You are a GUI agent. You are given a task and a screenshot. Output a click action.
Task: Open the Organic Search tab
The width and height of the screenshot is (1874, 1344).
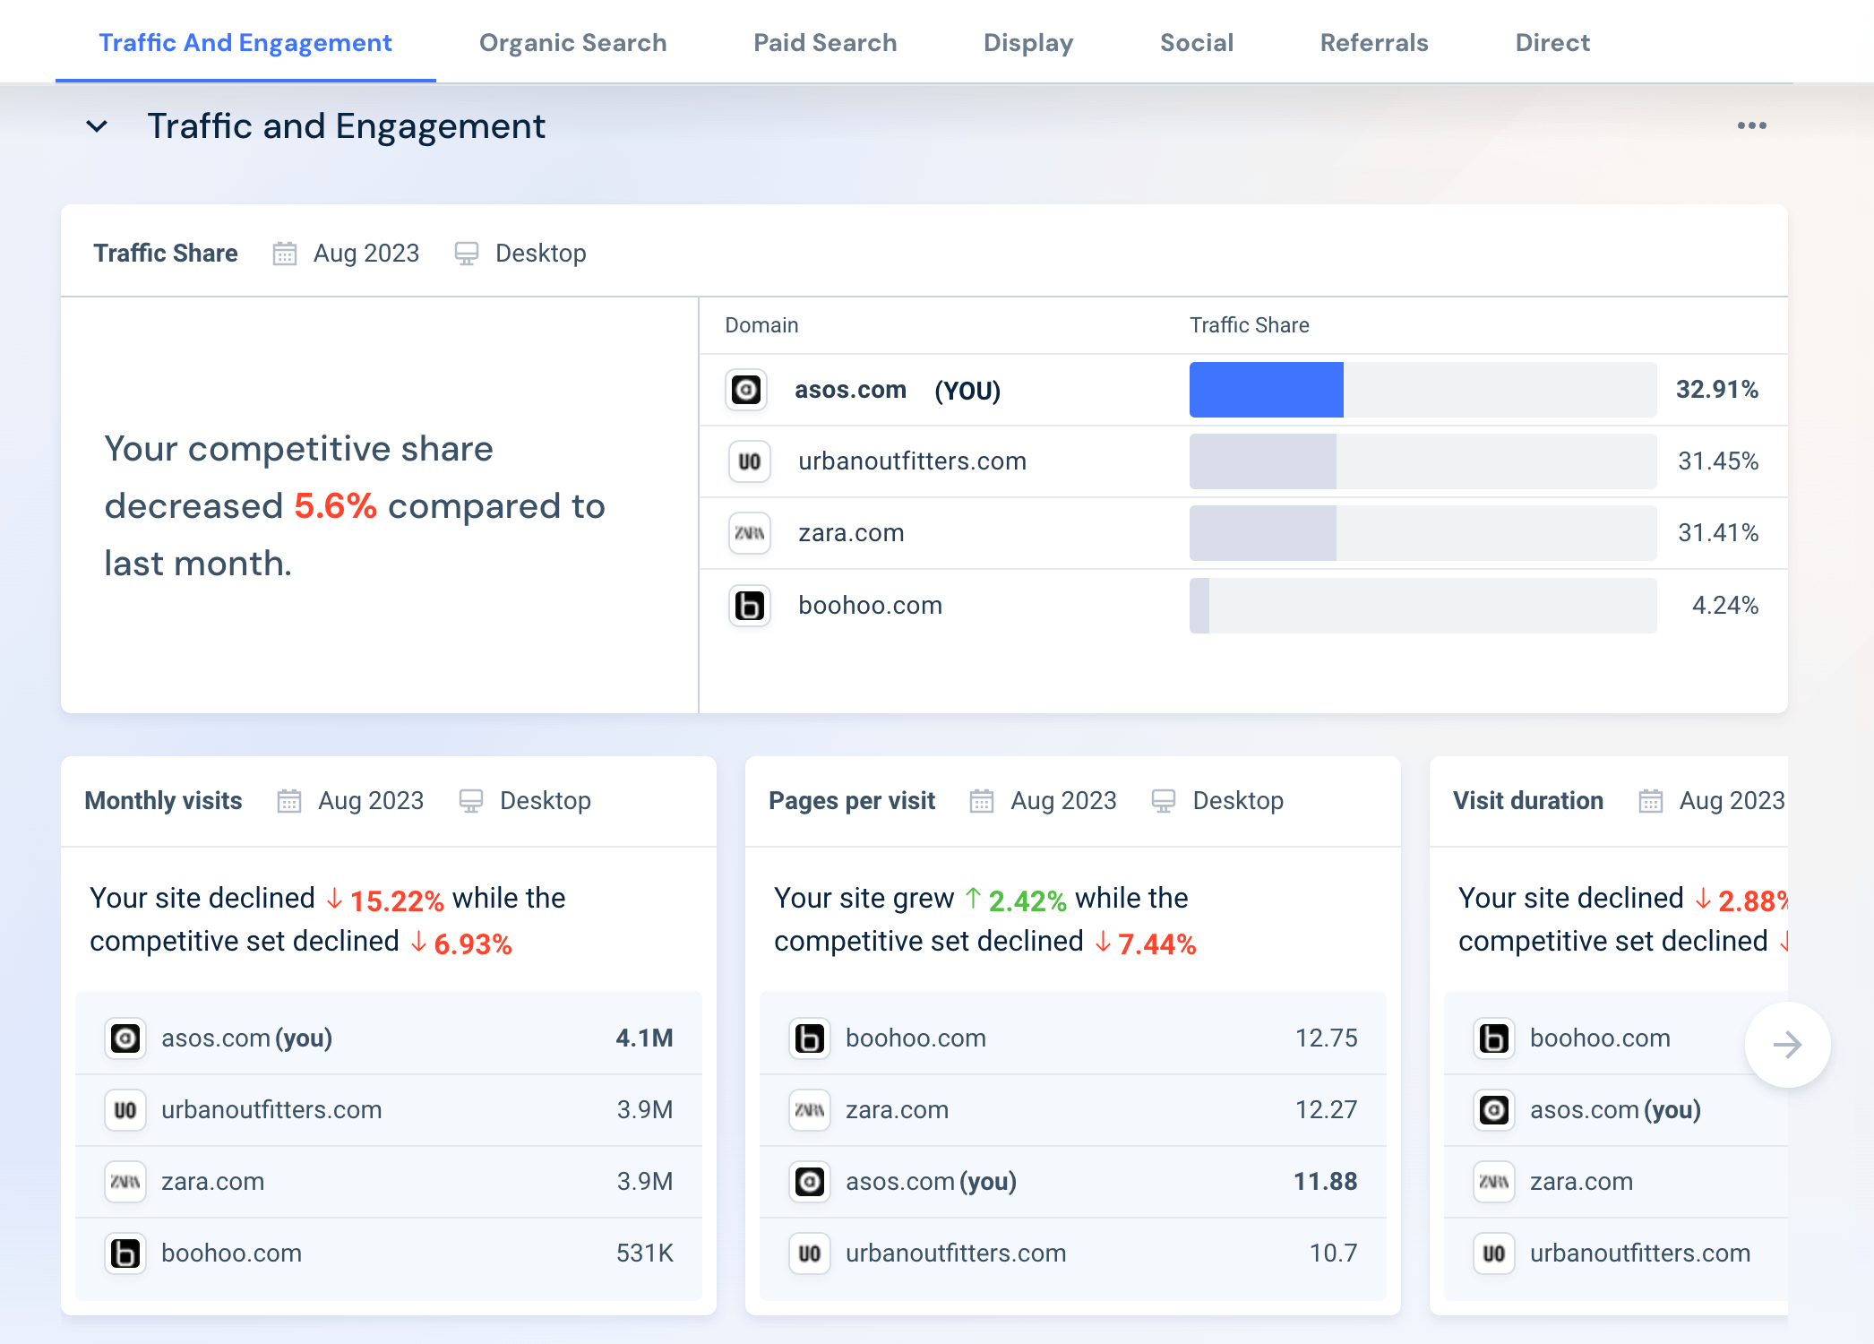[x=572, y=43]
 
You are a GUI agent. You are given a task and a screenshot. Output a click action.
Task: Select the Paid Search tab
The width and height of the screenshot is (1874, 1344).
[x=824, y=43]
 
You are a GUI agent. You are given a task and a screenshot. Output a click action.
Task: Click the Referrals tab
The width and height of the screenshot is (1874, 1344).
[x=1373, y=43]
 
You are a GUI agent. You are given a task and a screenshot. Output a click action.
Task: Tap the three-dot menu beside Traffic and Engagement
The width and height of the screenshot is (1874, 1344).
[x=1751, y=125]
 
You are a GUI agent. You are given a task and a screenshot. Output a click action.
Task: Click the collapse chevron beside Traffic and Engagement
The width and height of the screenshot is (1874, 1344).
[x=97, y=126]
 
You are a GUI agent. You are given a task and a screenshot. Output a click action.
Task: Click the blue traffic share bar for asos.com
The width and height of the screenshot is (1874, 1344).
[x=1266, y=390]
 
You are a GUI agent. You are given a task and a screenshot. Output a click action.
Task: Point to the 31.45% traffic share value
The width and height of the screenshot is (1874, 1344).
[x=1717, y=461]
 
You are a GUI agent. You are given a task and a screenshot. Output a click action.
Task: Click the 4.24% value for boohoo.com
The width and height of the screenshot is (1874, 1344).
[x=1724, y=606]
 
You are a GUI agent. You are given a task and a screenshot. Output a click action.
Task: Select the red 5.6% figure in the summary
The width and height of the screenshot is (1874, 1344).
[x=335, y=506]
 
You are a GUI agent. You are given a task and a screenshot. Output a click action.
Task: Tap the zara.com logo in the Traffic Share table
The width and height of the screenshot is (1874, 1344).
[x=749, y=533]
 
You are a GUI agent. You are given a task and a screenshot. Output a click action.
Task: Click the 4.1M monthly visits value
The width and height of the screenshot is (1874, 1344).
[x=644, y=1038]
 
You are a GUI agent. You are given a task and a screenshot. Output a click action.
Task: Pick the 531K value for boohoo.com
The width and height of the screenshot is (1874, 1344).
[x=644, y=1254]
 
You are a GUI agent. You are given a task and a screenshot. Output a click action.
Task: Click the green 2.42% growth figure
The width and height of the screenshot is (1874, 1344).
[x=1027, y=900]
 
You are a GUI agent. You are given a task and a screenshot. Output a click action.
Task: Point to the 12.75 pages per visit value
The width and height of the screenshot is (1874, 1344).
[x=1326, y=1038]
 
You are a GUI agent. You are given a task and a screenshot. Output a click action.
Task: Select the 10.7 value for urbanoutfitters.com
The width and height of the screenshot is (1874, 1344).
[x=1333, y=1254]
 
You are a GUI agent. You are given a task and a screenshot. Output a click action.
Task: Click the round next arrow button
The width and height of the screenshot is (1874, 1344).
[x=1787, y=1045]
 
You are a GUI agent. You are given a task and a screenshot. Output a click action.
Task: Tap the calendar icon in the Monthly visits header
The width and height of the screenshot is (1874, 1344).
[x=288, y=801]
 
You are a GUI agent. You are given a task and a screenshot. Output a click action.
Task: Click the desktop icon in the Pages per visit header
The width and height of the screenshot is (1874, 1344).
[x=1163, y=801]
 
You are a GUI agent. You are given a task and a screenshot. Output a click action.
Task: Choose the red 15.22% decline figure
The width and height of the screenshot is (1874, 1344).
[x=396, y=900]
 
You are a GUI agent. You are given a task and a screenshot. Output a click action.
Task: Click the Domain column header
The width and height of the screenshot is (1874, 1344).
[x=761, y=325]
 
